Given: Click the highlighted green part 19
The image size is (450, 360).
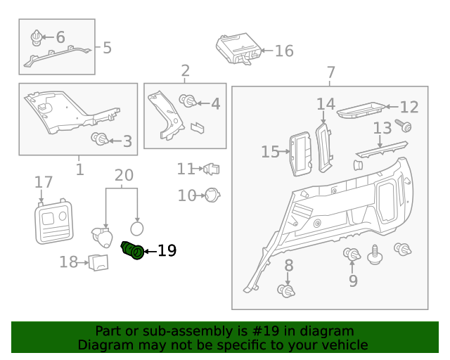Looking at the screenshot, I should click(133, 250).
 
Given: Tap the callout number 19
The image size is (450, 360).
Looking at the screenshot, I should click(167, 250).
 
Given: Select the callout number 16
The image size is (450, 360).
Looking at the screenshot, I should click(283, 51).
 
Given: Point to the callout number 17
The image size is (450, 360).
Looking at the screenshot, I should click(44, 183).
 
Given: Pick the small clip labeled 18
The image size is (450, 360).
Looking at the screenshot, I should click(98, 263).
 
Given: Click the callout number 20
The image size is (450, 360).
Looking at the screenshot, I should click(124, 175).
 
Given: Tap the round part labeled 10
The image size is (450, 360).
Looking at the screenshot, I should click(212, 195).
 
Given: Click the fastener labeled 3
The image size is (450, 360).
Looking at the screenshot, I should click(100, 139).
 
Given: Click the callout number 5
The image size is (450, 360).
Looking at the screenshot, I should click(107, 48).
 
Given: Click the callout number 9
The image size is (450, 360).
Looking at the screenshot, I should click(353, 281).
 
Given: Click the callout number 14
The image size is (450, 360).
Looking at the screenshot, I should click(326, 104).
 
